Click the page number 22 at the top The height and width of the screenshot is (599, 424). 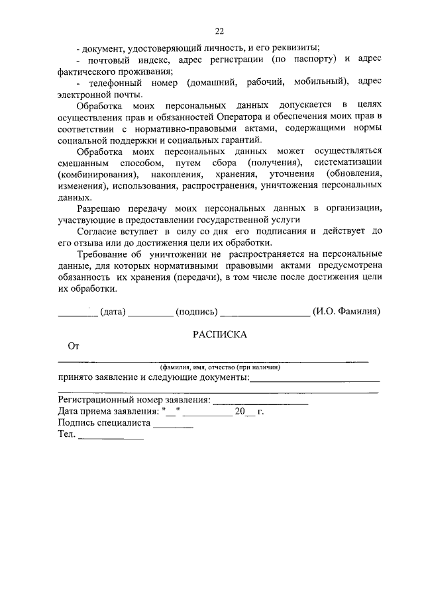(219, 30)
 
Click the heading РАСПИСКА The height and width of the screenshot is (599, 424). (219, 334)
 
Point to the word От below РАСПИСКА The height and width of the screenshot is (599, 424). (74, 346)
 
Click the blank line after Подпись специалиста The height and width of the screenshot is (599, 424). (173, 428)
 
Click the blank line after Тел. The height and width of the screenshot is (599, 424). (111, 439)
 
